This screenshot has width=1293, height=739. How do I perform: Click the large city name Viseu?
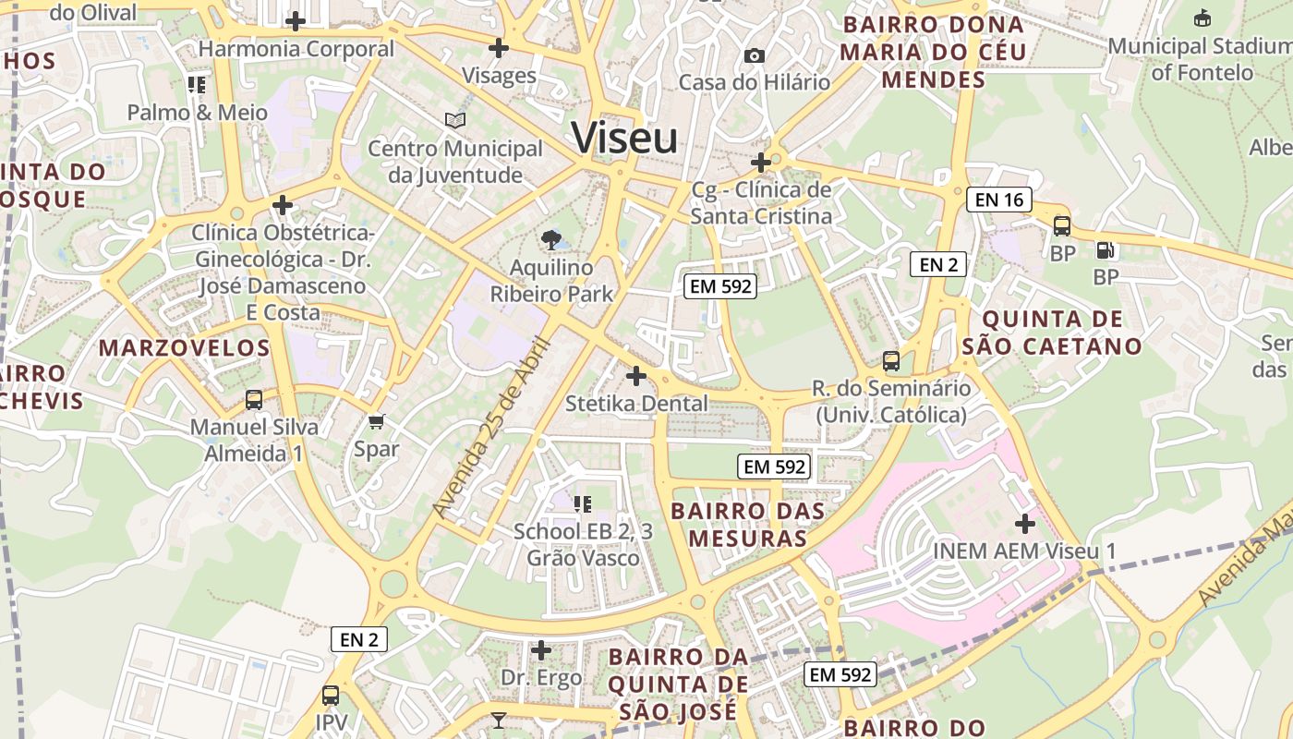[624, 139]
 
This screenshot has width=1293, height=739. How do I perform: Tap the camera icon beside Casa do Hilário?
[754, 56]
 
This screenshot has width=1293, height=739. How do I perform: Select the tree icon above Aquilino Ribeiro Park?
[551, 240]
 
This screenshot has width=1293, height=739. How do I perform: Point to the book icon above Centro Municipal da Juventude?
[454, 120]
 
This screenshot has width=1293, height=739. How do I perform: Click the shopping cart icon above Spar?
[376, 422]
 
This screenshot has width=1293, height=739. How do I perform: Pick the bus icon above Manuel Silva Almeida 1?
[254, 400]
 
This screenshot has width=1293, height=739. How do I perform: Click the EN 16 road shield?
[998, 200]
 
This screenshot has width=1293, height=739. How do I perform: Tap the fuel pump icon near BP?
[1105, 249]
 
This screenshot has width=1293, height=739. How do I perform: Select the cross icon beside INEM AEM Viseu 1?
[1024, 524]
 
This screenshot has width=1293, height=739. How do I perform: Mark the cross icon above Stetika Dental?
[636, 376]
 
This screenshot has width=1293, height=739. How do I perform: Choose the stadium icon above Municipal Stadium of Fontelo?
[1202, 18]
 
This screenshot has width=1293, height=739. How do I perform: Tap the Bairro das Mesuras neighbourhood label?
[747, 524]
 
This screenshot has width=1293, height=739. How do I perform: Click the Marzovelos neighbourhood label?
[184, 348]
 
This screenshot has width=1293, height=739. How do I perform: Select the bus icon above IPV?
[331, 696]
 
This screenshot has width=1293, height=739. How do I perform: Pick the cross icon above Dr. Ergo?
[541, 650]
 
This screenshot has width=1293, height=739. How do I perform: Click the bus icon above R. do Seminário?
[891, 360]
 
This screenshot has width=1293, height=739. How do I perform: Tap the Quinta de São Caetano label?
[1052, 333]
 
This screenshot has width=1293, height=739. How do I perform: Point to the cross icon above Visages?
[499, 48]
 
